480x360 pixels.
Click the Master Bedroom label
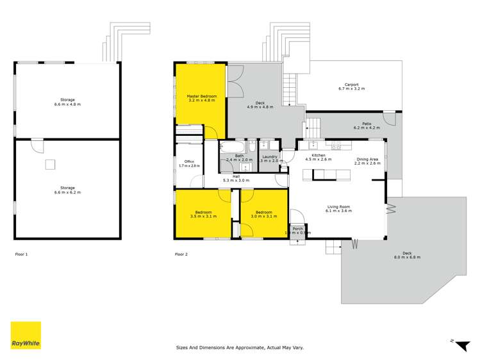[201, 96]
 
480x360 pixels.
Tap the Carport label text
[351, 85]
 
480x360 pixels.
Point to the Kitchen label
[319, 156]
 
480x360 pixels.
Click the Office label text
[188, 161]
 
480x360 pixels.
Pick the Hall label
[236, 176]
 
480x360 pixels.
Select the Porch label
[298, 228]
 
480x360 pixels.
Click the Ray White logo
[26, 336]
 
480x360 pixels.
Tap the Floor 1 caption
[21, 254]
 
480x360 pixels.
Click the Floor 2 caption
[181, 254]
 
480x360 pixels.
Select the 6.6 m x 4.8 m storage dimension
[68, 104]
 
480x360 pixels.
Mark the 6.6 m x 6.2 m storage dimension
[68, 192]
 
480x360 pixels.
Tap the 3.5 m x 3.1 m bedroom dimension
[203, 216]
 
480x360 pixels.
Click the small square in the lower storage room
[49, 165]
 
